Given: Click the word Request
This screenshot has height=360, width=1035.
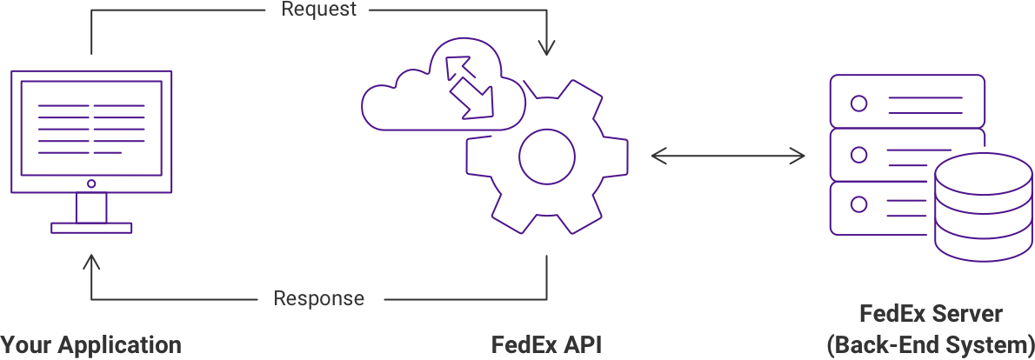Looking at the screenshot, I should click(318, 10).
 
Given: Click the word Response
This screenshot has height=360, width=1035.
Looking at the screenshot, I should click(319, 299).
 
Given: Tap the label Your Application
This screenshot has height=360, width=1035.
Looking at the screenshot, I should click(90, 344).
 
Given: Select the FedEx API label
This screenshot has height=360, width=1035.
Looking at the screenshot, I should click(546, 344).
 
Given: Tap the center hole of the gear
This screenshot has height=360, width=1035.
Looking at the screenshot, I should click(546, 156).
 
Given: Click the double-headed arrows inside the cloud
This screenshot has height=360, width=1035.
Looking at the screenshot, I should click(469, 86).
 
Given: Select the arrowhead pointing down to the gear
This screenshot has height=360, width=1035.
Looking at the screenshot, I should click(546, 49).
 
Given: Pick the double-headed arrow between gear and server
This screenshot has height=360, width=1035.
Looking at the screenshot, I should click(728, 156).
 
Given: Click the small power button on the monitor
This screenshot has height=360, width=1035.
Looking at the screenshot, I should click(91, 183).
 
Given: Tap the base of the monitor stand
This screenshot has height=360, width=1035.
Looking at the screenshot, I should click(91, 228).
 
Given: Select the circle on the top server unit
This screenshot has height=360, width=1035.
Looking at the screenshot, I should click(858, 103).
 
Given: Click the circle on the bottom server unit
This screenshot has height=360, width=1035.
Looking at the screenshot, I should click(858, 205).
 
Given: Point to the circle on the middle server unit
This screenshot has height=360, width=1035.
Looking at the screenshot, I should click(858, 155).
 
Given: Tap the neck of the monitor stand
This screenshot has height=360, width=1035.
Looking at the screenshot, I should click(91, 208).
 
